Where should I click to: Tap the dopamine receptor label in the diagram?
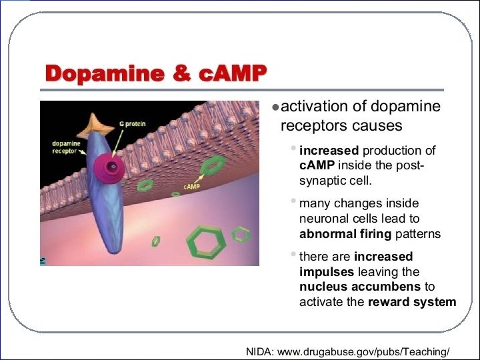pyautogui.click(x=66, y=147)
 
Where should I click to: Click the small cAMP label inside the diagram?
pyautogui.click(x=192, y=187)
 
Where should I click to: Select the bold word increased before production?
pyautogui.click(x=329, y=151)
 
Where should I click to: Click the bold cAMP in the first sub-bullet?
pyautogui.click(x=317, y=166)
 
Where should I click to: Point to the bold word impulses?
pyautogui.click(x=327, y=272)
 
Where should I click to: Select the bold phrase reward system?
pyautogui.click(x=412, y=302)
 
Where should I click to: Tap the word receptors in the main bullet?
pyautogui.click(x=311, y=126)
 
